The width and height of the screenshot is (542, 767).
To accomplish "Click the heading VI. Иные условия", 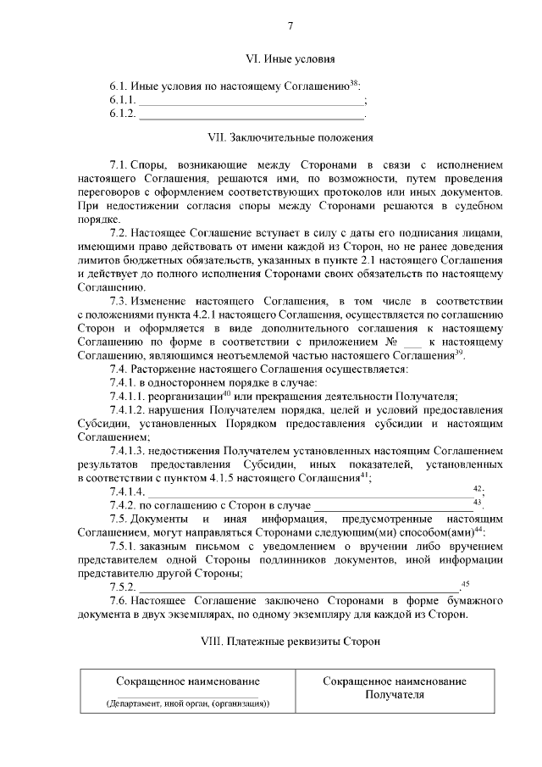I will click(x=290, y=59).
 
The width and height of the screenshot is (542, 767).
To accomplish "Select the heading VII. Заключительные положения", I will click(x=290, y=136).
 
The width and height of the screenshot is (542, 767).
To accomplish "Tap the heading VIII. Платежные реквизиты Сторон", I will click(x=290, y=641).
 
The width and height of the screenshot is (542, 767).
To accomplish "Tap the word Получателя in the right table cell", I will click(x=394, y=695).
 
